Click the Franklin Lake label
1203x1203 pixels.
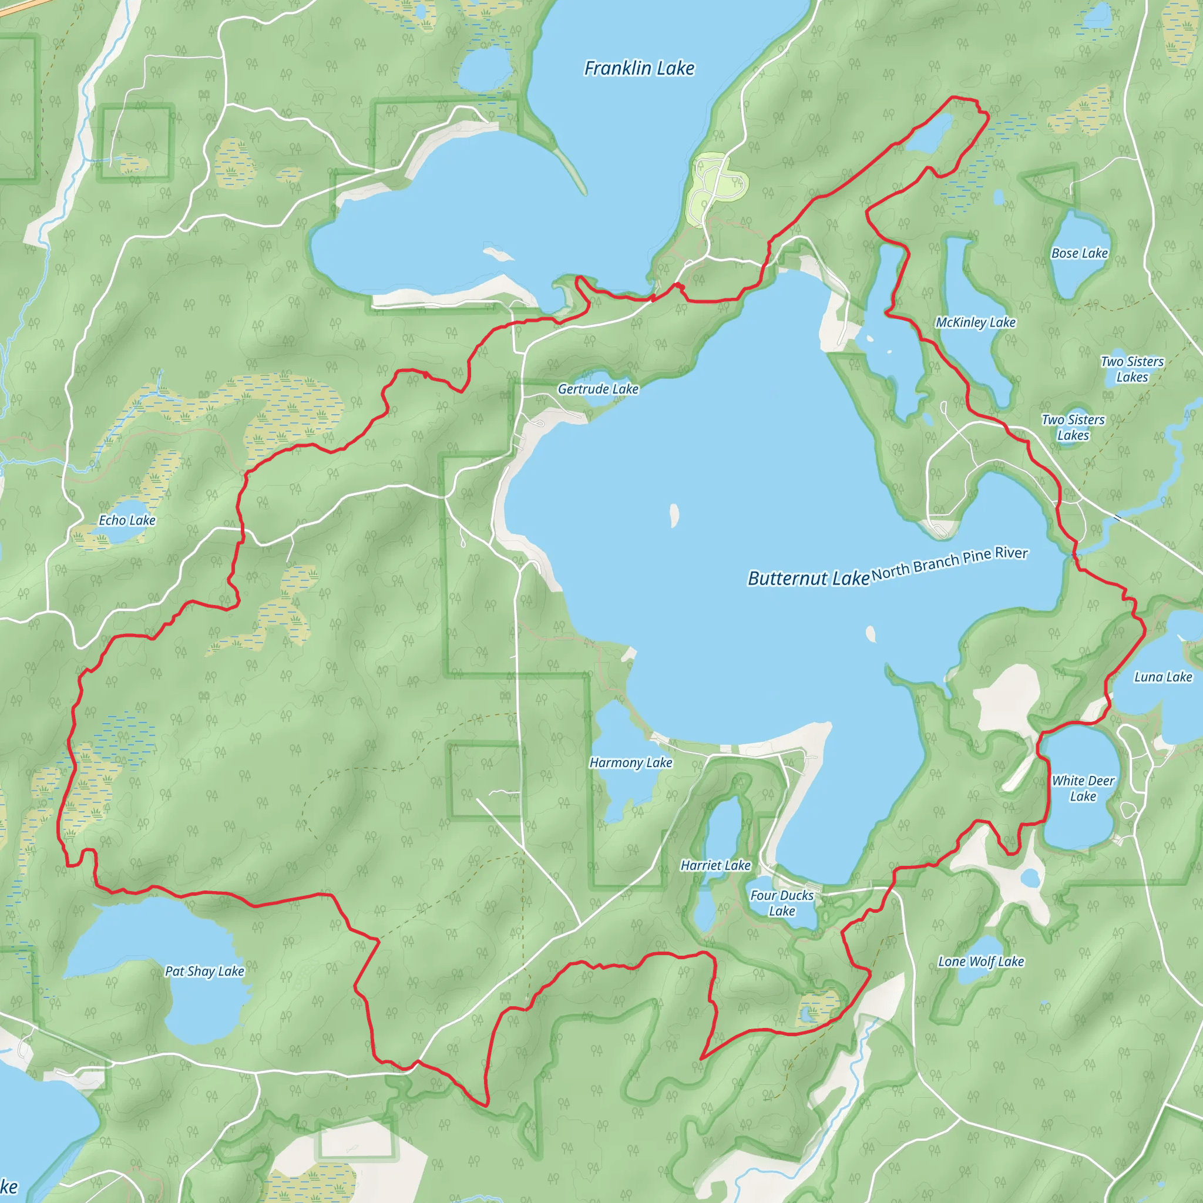pos(639,69)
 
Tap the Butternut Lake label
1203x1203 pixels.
pos(808,579)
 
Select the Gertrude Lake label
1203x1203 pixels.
pos(598,389)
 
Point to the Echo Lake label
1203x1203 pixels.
pos(127,520)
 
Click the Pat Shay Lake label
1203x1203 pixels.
pos(204,971)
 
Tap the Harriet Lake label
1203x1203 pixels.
pos(715,865)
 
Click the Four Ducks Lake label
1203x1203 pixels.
pos(781,903)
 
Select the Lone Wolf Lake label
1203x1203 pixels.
pos(981,962)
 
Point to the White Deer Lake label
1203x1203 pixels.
pos(1083,788)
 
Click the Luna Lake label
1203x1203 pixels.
pos(1162,677)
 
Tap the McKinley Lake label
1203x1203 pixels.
pos(975,322)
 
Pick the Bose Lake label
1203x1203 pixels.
pos(1079,253)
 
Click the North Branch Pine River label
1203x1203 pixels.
pos(949,563)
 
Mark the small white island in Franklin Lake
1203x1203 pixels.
pos(498,254)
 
